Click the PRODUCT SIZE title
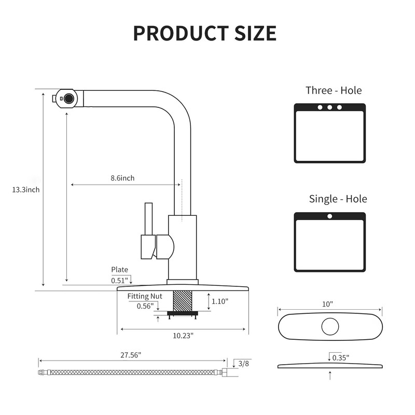point(205,33)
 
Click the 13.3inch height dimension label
point(26,189)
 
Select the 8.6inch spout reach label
point(122,178)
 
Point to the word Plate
point(119,270)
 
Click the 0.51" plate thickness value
point(119,280)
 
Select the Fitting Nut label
point(145,296)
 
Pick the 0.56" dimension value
point(145,306)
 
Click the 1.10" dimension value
point(220,301)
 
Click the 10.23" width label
point(183,335)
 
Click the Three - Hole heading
point(334,90)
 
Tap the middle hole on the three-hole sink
point(329,107)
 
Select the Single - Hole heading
point(338,199)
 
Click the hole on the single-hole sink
point(329,216)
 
